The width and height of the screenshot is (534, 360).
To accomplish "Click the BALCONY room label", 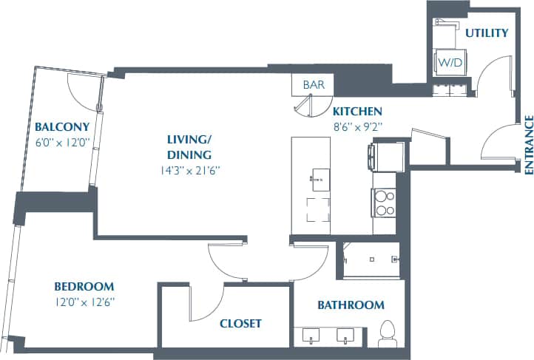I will tap(62, 126).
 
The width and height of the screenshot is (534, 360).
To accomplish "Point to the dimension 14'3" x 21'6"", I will tap(189, 169).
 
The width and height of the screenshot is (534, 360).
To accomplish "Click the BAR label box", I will tap(314, 85).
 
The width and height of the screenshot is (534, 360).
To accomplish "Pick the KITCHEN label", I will tap(356, 112).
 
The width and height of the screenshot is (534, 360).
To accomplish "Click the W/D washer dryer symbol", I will tap(450, 63).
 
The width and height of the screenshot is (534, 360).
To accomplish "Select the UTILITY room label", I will tap(486, 33).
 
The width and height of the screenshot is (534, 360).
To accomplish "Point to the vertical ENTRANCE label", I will tap(528, 144).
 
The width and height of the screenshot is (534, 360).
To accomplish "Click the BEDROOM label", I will tap(84, 287).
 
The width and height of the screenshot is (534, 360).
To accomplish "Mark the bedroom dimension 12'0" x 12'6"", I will tap(84, 302).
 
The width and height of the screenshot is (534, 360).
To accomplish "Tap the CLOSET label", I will tap(240, 324).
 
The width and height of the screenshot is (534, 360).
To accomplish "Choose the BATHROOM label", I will tap(351, 305).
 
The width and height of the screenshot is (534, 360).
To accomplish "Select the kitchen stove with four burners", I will tap(385, 203).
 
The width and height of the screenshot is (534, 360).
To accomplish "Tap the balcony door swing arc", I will tap(83, 90).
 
